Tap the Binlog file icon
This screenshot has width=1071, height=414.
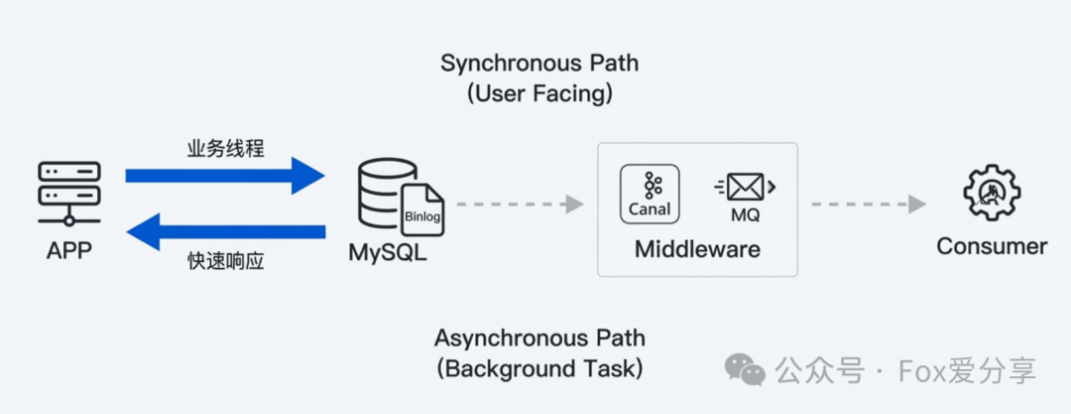click(x=423, y=209)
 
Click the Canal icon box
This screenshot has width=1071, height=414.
click(x=650, y=193)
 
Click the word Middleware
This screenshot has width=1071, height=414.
click(x=697, y=248)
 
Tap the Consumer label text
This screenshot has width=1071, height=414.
click(x=992, y=246)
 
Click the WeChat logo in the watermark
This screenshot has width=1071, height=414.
click(x=745, y=370)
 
